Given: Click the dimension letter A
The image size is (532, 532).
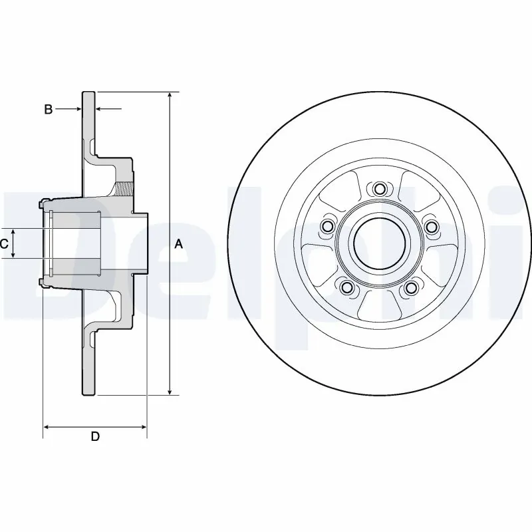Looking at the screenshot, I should (x=178, y=245).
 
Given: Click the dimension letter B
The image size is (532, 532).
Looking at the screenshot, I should (x=48, y=109).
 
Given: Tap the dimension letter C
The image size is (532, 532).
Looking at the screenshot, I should (x=4, y=245).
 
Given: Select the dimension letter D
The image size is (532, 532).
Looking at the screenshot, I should (x=95, y=437).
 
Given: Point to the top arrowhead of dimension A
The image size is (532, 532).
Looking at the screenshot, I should (x=170, y=95).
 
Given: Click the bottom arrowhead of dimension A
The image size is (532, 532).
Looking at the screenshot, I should (x=170, y=390).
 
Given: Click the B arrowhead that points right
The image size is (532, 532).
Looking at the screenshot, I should (x=78, y=108).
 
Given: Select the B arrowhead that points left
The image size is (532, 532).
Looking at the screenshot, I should (x=100, y=108).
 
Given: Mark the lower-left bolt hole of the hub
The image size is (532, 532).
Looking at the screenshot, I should (x=346, y=287).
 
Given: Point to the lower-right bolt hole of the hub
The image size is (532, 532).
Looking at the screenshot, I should (x=412, y=287).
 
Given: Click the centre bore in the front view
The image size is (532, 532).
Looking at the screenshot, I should (x=379, y=243).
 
